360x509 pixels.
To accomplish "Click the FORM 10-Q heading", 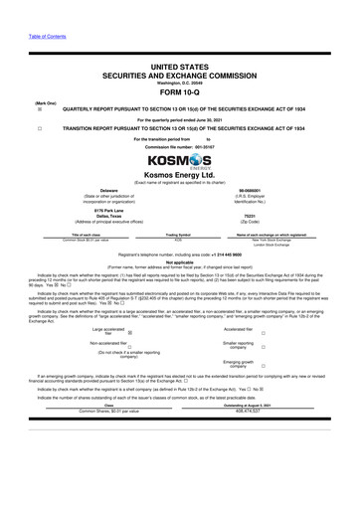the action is [x=179, y=84].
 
